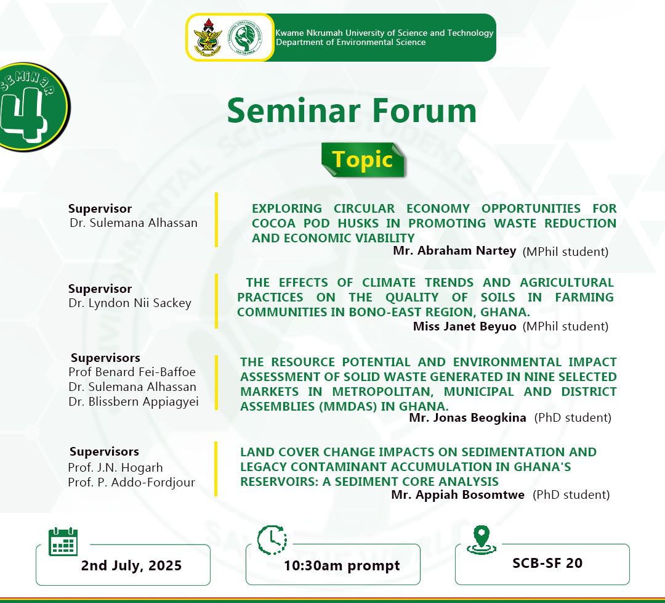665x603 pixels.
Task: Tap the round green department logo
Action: (243, 38)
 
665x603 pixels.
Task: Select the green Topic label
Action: (363, 160)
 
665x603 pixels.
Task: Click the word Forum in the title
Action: (424, 111)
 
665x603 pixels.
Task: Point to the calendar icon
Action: (63, 542)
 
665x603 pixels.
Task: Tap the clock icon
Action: (272, 540)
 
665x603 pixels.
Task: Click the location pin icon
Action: (481, 539)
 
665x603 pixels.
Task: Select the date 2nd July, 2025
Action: (131, 565)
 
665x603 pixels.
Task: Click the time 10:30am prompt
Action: (342, 565)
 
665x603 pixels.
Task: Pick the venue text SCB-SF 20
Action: (547, 563)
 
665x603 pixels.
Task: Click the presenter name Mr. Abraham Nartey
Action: (454, 250)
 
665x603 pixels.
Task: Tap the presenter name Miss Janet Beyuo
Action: (464, 326)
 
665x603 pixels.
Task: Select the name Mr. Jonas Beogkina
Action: (467, 417)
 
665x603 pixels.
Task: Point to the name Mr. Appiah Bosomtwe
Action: (457, 494)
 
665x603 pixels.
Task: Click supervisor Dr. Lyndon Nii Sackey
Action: (130, 303)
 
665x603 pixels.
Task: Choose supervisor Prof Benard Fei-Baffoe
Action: (132, 372)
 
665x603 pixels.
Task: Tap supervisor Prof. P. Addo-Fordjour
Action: (131, 482)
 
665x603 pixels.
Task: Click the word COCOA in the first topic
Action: (273, 223)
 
